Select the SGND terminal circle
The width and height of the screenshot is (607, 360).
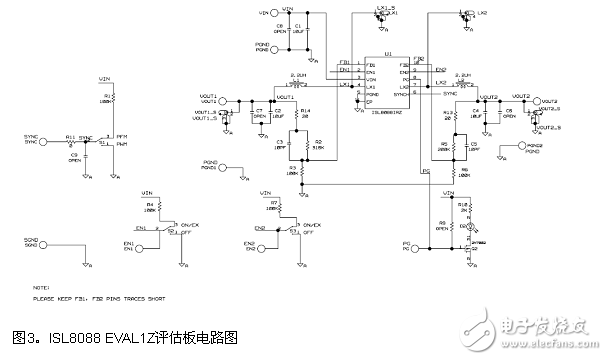pyautogui.click(x=50, y=244)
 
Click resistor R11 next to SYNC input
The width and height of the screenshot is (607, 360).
pyautogui.click(x=70, y=141)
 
